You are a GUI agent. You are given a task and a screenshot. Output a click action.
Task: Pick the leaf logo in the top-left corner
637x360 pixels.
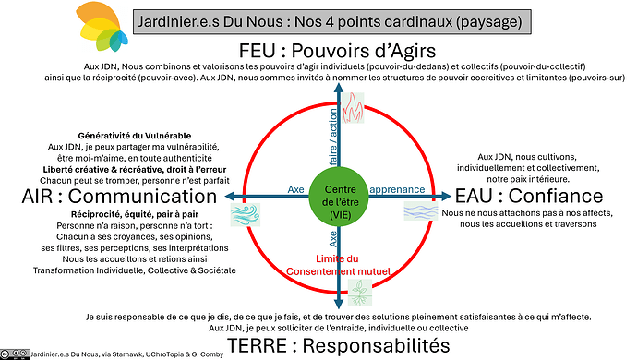pos(102,25)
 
